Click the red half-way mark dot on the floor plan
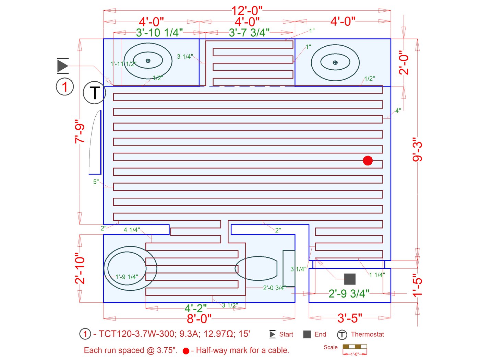tap(368, 160)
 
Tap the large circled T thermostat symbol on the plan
tap(94, 93)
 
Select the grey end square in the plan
tap(350, 279)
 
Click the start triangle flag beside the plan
tap(63, 66)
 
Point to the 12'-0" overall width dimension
tap(247, 11)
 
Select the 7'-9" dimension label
tap(80, 131)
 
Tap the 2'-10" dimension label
tap(80, 269)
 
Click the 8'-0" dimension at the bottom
tap(199, 319)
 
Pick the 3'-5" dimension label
tap(350, 318)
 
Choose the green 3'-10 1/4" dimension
tap(159, 33)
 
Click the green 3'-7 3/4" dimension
tap(249, 33)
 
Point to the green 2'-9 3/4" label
tap(349, 293)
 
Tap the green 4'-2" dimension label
tap(195, 308)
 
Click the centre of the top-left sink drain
tap(148, 61)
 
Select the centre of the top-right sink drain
tap(335, 62)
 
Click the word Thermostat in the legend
tap(367, 334)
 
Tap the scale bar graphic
tap(355, 348)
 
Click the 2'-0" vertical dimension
tap(404, 62)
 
